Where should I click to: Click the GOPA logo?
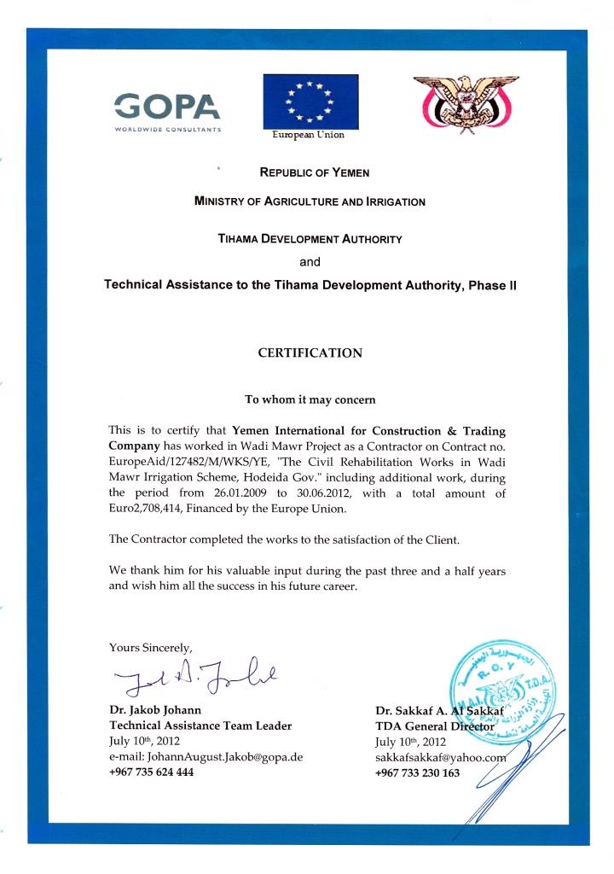pos(168,108)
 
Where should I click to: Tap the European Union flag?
pos(310,100)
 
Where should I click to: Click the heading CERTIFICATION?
pos(310,353)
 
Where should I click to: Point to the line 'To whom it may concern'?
pos(310,399)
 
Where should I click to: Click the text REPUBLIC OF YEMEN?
pos(314,172)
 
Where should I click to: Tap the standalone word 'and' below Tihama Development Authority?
pos(310,262)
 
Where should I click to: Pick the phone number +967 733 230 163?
pos(417,772)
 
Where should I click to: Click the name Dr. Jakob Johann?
pos(155,710)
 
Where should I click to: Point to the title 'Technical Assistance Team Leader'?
pos(200,725)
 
